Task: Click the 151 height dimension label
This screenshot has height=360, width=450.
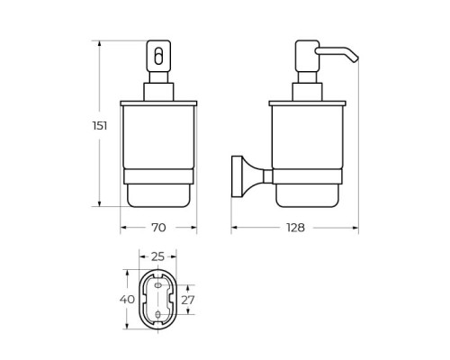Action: click(100, 125)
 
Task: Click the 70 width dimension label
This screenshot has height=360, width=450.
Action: click(158, 228)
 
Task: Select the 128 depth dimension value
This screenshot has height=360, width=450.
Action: click(295, 228)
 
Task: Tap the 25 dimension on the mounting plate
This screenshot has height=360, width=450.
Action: click(157, 256)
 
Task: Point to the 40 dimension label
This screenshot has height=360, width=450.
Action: click(127, 299)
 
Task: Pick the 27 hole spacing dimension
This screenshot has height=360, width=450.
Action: click(188, 300)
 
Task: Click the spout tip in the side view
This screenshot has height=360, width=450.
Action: click(355, 58)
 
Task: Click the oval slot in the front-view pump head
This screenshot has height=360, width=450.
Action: click(158, 56)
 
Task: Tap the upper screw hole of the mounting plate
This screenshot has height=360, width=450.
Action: click(158, 285)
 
